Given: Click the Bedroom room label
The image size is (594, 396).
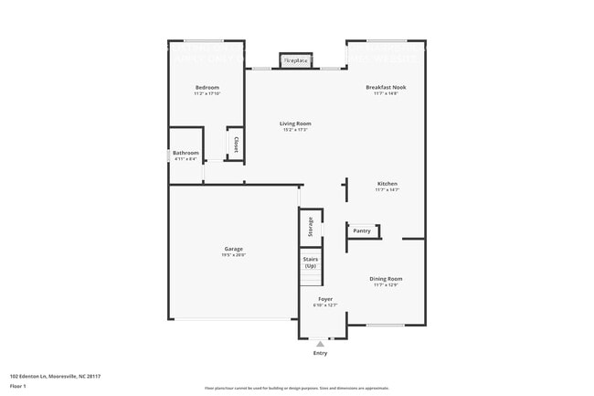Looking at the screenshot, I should pos(207,88).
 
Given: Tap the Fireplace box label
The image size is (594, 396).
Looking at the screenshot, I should pos(294,60).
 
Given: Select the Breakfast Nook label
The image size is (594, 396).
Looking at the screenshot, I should pos(386,88).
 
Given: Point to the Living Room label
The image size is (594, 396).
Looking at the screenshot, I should pos(295,123).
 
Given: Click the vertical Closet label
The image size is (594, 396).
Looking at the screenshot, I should pos(236,144).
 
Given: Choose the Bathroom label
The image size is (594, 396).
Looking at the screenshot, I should pos(186,153).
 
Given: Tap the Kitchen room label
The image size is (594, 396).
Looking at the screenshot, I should pos(387,184).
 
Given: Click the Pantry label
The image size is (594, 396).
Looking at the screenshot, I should pos(362,230).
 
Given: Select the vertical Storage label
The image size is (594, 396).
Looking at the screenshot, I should pos(311,226).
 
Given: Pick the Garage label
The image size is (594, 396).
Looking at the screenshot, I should pos(234,249).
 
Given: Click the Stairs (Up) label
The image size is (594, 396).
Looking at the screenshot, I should pos(310,262).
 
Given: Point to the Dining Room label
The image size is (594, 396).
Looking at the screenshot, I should pos(387,279).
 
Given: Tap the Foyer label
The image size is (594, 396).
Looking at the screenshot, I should pos(325,299).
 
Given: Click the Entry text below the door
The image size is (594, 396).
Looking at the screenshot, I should pos(320,353).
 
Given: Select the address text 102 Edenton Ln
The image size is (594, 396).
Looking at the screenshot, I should pos(54,376).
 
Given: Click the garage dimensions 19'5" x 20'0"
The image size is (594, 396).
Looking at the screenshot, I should pos(234,255).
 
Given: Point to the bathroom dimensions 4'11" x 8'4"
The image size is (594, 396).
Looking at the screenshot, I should pos(186,159).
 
